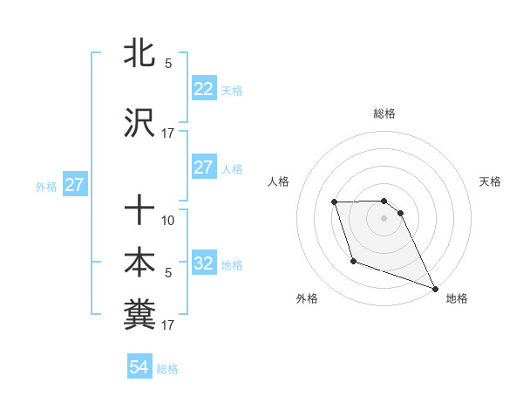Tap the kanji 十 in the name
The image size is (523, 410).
pos(140,210)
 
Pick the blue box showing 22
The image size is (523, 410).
pos(203,89)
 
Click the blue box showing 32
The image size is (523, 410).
pos(203,264)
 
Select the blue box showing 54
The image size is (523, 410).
pos(139,368)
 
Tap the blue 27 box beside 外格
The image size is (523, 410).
pos(74,185)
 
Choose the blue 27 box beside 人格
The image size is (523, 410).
pos(203,168)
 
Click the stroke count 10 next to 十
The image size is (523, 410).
pos(168,220)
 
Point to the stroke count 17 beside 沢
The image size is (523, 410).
pos(168,133)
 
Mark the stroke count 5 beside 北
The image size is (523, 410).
pos(168,63)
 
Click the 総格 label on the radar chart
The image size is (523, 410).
pos(384,113)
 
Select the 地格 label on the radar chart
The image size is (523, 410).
pos(457,298)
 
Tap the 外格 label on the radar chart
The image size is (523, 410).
pos(307,298)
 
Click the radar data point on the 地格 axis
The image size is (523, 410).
pos(434,287)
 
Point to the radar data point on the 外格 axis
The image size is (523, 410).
pos(353,261)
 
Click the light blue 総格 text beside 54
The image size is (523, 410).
pos(167,369)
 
